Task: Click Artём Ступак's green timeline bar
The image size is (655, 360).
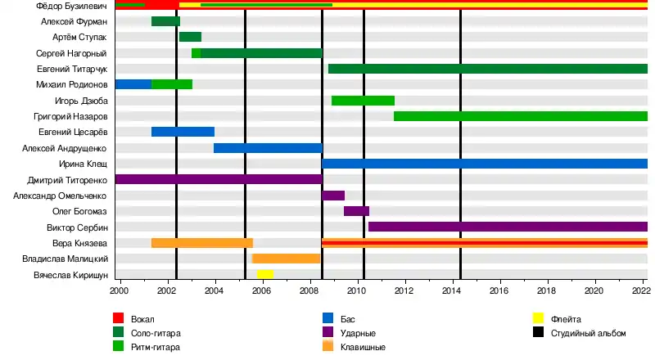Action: pyautogui.click(x=190, y=37)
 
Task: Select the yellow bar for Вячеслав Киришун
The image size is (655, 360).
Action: pyautogui.click(x=265, y=274)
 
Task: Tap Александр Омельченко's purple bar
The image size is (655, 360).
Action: pyautogui.click(x=333, y=196)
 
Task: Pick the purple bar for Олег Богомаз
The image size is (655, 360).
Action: pyautogui.click(x=356, y=211)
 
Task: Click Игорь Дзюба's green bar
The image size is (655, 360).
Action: pyautogui.click(x=363, y=101)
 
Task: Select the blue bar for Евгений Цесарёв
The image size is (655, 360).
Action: pyautogui.click(x=183, y=132)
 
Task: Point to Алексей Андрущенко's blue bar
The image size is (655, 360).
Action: pyautogui.click(x=268, y=148)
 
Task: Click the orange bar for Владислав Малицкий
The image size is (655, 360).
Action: pyautogui.click(x=286, y=259)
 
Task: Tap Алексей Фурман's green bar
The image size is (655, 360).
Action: pyautogui.click(x=165, y=21)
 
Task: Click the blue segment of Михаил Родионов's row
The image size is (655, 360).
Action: pyautogui.click(x=133, y=84)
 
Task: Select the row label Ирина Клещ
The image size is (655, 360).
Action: pyautogui.click(x=84, y=164)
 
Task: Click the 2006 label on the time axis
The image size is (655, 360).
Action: pyautogui.click(x=262, y=290)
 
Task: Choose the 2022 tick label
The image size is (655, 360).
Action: pyautogui.click(x=640, y=290)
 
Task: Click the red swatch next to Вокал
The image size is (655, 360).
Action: pyautogui.click(x=118, y=318)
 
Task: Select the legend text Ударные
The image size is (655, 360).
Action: pyautogui.click(x=357, y=333)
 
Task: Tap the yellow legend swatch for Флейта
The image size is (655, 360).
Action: pyautogui.click(x=539, y=318)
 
